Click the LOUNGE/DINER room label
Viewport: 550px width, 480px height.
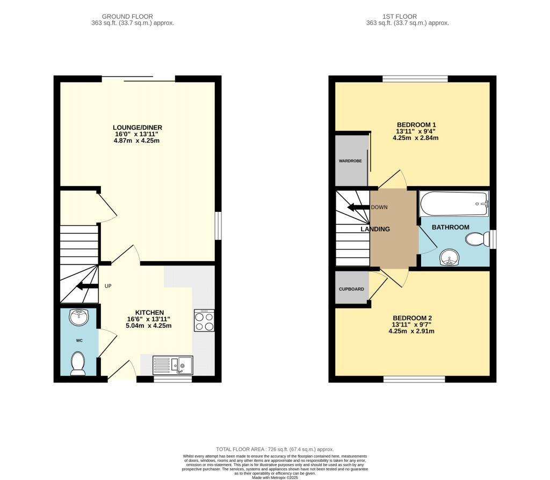tap(137, 128)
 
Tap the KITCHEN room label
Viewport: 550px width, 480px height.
tap(149, 313)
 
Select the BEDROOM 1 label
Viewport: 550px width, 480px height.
tap(416, 125)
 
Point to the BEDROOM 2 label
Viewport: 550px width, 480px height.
tap(412, 318)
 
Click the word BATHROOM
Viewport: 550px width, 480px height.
tap(451, 227)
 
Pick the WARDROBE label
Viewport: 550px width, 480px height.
tap(350, 161)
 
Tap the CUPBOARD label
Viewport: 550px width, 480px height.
tap(351, 290)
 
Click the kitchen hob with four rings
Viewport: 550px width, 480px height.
tap(204, 321)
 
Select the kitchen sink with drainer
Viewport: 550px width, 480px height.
tap(173, 365)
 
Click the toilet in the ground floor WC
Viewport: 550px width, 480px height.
tap(78, 364)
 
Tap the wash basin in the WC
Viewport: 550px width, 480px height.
tap(79, 317)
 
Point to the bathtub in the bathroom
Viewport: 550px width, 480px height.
tap(454, 204)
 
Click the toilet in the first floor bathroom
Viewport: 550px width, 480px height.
tap(477, 239)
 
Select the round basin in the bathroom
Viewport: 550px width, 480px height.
tap(450, 258)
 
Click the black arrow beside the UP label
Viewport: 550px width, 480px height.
tap(88, 286)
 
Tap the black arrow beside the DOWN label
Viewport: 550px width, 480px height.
tap(358, 207)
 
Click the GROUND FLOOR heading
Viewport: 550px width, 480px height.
tap(127, 17)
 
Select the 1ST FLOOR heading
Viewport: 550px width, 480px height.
tap(400, 17)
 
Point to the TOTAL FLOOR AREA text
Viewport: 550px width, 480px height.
tap(275, 449)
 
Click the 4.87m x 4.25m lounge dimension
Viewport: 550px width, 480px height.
tap(136, 141)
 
